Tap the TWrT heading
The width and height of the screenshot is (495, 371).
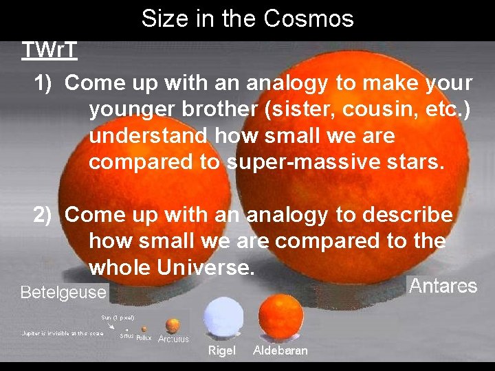click(x=49, y=50)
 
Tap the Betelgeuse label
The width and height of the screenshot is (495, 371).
click(x=63, y=293)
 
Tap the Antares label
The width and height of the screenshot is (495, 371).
click(x=443, y=286)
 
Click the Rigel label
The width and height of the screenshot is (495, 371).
click(x=221, y=351)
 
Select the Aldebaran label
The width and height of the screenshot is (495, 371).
click(x=280, y=351)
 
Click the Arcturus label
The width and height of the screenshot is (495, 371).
click(x=173, y=339)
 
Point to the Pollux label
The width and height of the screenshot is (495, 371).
click(x=144, y=338)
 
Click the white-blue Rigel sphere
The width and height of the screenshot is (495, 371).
click(x=224, y=317)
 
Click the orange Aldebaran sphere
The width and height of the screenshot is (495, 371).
click(x=280, y=316)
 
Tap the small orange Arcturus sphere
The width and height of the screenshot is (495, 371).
click(x=173, y=325)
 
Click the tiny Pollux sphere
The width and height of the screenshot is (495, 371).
click(x=144, y=329)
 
